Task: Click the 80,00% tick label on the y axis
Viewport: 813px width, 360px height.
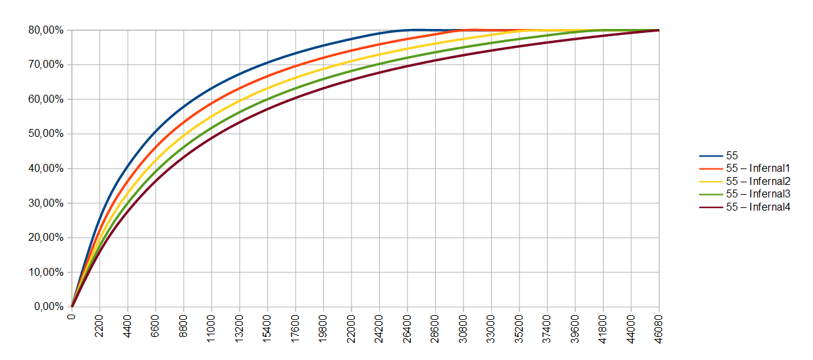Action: pos(45,30)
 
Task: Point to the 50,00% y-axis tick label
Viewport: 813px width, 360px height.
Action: pos(45,134)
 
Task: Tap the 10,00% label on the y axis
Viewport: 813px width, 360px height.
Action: pos(45,272)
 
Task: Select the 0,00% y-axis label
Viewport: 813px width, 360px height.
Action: pos(47,307)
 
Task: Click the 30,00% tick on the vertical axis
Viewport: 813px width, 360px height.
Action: pos(45,203)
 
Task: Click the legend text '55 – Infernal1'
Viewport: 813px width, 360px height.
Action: pos(757,168)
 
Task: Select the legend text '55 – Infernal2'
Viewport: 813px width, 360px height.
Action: pos(757,181)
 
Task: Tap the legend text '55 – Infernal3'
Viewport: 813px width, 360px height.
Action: pos(757,194)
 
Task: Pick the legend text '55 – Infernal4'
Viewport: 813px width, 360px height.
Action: pos(757,207)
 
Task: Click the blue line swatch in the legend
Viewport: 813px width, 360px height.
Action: pos(710,156)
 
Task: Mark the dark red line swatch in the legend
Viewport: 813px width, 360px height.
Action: pos(710,207)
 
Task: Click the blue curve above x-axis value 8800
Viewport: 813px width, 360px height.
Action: pos(184,106)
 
